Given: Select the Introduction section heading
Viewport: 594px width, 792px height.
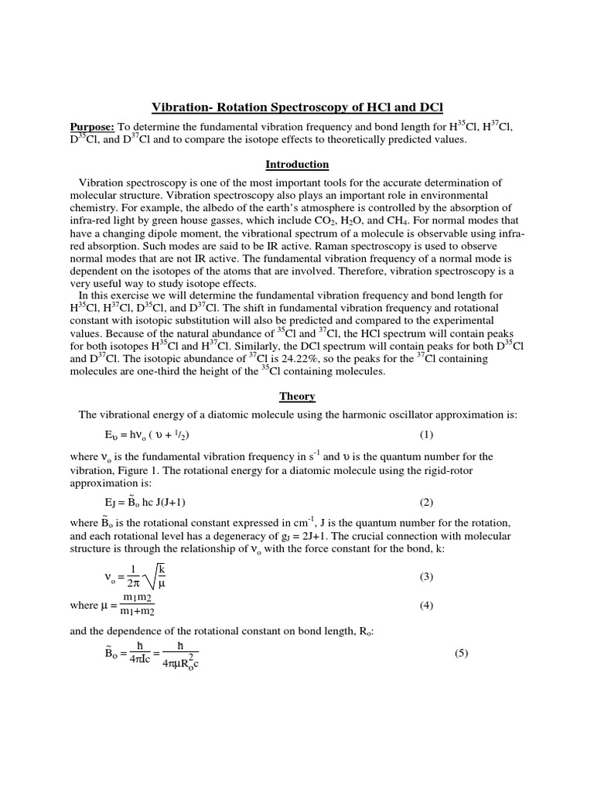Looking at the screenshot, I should click(x=297, y=165).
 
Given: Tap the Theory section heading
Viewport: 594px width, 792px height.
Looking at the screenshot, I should click(x=297, y=396).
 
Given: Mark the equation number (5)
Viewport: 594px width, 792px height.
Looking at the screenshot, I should click(x=462, y=654).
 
